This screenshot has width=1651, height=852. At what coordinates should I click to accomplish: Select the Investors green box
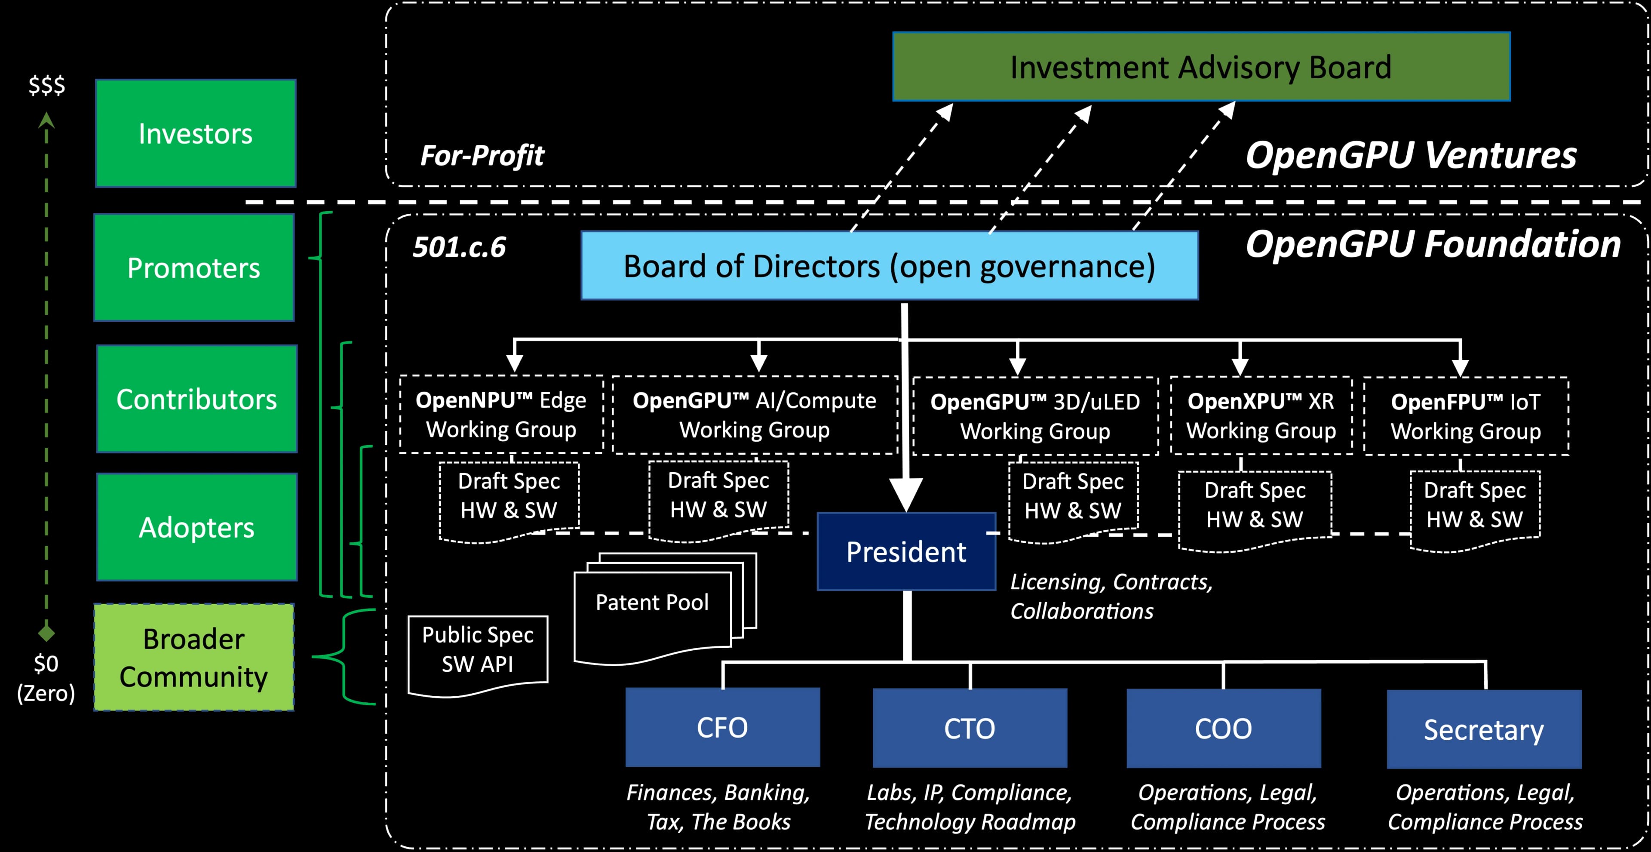[196, 133]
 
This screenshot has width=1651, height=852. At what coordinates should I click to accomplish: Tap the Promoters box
[193, 268]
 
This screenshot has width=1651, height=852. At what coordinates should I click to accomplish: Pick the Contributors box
[197, 399]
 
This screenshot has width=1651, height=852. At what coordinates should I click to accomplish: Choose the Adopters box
[197, 527]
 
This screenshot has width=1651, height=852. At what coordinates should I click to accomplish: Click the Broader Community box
[193, 657]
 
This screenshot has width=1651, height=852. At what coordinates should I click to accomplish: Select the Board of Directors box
[889, 265]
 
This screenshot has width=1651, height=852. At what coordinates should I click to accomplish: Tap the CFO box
[722, 727]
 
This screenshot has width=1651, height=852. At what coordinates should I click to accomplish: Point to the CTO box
[969, 728]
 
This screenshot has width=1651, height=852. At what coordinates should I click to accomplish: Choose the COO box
[1223, 728]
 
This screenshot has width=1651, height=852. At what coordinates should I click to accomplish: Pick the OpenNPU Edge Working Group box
[501, 414]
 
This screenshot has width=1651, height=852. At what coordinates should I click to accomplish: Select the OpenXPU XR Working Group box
[1261, 415]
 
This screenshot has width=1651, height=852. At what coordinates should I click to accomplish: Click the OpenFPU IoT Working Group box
[1466, 416]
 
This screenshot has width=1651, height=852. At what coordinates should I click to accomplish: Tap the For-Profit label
[482, 155]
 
